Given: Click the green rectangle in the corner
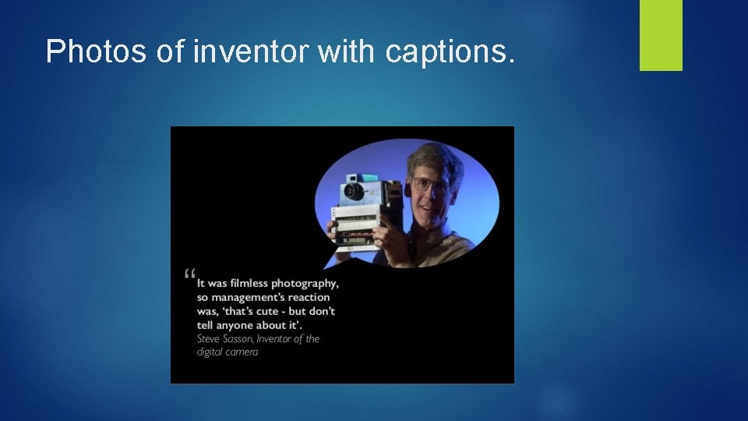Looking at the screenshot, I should pos(661,35).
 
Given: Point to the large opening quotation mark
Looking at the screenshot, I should pos(190,275).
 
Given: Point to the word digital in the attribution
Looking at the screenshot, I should pos(210,352).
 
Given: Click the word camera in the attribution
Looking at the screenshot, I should pos(242,352).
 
